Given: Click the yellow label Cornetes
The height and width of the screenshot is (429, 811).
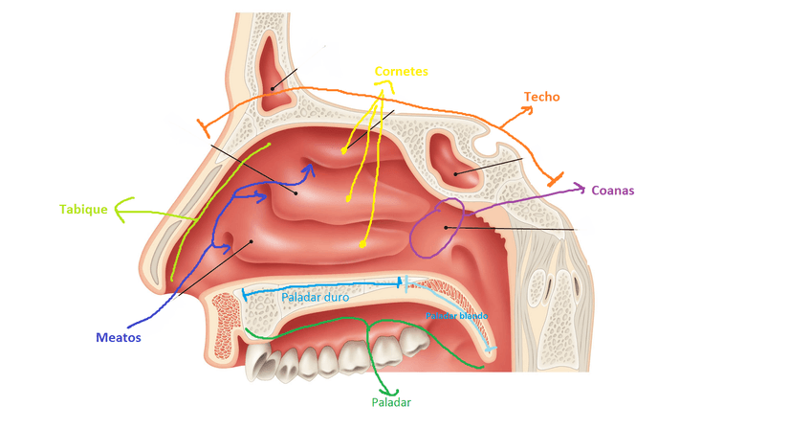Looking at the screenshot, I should pos(401,72).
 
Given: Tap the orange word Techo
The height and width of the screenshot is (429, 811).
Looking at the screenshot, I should pos(541,97).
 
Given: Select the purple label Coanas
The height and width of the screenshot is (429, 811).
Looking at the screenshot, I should pos(613,191).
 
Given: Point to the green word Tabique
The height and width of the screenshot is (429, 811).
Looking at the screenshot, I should pos(82,208).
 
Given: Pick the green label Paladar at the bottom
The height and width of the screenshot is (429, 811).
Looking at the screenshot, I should pos(391,403).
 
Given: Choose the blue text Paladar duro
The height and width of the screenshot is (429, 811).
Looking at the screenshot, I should pos(315,298).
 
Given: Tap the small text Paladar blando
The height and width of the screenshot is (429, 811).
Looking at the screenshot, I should pos(457,315).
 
